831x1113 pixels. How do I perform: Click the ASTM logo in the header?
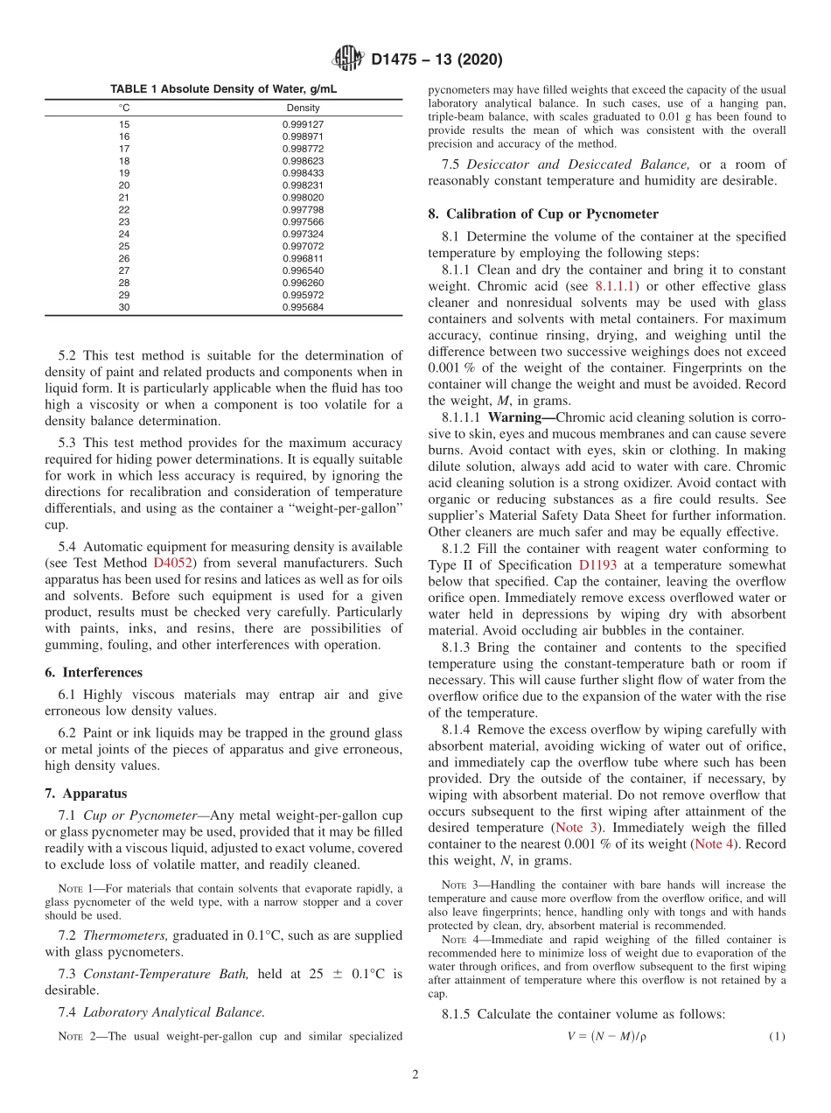[348, 59]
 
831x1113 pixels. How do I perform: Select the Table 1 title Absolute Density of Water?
[223, 89]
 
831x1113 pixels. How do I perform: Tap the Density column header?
[303, 108]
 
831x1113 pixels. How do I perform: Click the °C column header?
[124, 108]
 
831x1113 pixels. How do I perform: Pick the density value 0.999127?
[303, 124]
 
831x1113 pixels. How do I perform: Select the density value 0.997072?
[303, 247]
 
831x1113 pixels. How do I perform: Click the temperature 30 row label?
[124, 308]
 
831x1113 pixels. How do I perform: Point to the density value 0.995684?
[303, 308]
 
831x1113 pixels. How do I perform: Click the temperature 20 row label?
[124, 185]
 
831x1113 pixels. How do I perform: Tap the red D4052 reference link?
[172, 563]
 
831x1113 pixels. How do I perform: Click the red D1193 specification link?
[597, 565]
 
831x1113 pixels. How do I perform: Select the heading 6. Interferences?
[94, 673]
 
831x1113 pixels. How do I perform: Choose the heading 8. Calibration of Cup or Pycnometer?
[543, 214]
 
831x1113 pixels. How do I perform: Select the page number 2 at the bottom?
[415, 1075]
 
